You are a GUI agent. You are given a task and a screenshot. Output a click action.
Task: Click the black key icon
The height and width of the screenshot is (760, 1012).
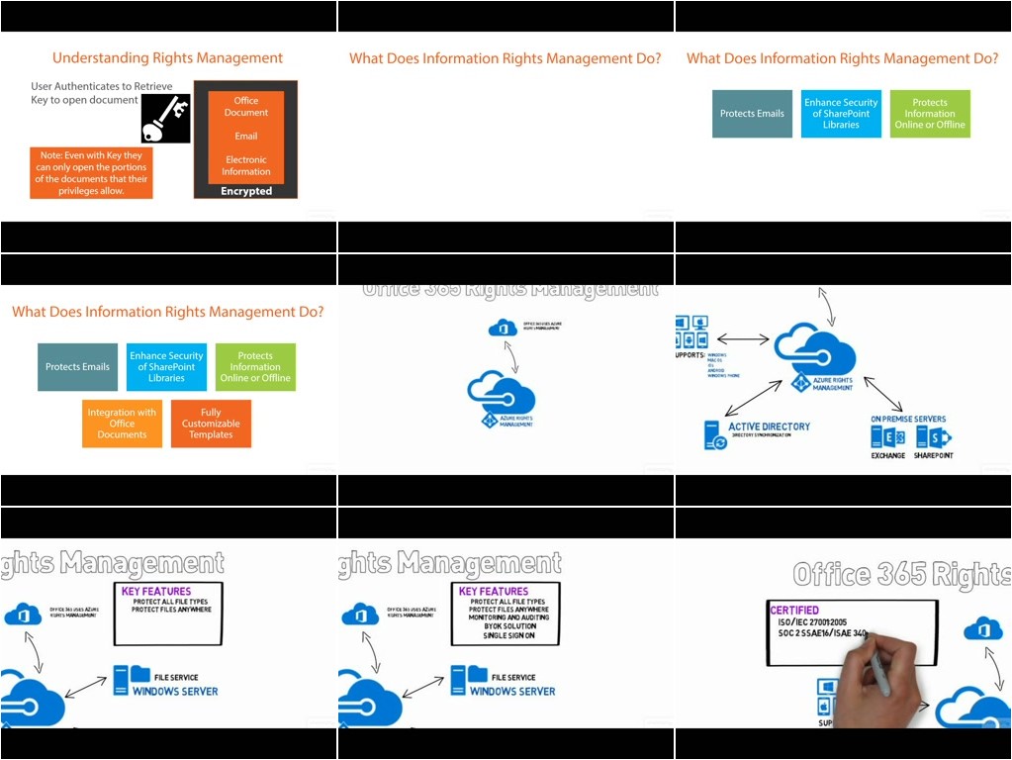pos(165,119)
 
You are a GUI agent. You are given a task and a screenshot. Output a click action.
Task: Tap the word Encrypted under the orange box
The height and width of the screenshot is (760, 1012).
pos(246,191)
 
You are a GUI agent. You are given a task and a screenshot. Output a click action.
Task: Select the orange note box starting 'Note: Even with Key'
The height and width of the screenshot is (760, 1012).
pos(91,173)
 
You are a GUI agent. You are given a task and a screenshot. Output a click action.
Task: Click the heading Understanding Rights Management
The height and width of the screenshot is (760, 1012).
pos(167,58)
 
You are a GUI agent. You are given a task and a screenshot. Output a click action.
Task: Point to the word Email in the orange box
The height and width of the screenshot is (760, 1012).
pos(246,136)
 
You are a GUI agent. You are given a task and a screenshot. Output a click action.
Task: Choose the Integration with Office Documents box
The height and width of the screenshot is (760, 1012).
pos(122,424)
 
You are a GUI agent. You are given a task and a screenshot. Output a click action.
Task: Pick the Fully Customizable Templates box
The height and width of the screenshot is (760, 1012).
pos(211,424)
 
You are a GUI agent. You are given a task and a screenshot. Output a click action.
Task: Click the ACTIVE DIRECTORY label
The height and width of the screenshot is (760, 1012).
pos(769,427)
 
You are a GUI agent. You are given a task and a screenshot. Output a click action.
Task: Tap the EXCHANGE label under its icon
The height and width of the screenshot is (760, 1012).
pos(887,456)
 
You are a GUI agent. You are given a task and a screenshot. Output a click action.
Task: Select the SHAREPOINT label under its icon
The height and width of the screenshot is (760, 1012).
pos(934,456)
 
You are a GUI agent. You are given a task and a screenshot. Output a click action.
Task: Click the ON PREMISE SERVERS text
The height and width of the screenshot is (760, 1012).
pos(908,420)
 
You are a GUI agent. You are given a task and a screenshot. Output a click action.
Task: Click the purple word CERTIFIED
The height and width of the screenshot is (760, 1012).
pos(794,611)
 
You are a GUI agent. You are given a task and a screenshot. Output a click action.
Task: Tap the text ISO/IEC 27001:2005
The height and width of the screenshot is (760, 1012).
pos(812,622)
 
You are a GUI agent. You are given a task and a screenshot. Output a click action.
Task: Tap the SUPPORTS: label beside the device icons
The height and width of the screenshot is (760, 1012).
pos(690,353)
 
